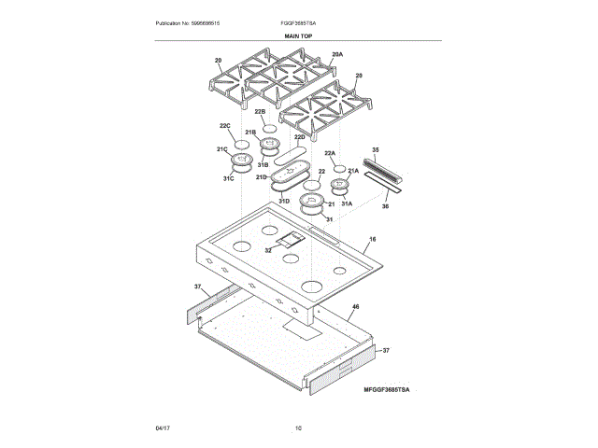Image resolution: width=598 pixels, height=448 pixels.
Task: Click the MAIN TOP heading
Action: [x=298, y=35]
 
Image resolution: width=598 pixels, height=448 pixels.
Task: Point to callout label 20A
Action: [x=337, y=56]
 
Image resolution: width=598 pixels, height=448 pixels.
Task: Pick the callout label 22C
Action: [x=224, y=126]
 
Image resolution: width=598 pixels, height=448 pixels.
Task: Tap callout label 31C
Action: [x=228, y=178]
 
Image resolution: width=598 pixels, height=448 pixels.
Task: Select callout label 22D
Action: [x=300, y=137]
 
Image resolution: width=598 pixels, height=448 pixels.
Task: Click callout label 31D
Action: [x=282, y=200]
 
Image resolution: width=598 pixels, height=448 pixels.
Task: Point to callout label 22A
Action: [x=330, y=153]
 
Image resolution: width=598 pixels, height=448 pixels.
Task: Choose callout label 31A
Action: [x=346, y=203]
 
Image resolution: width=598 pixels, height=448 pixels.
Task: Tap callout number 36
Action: [x=385, y=206]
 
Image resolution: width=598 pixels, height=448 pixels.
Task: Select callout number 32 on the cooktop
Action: [x=268, y=250]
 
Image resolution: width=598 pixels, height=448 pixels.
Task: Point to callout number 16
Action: [x=372, y=240]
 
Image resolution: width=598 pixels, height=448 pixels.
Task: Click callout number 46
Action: [x=356, y=307]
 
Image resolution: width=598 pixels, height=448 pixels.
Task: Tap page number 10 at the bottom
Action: [x=298, y=427]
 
